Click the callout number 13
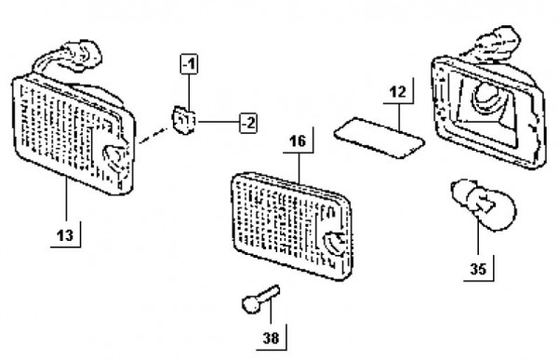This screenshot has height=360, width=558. pos(65,235)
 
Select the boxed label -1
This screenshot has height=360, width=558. pos(189,64)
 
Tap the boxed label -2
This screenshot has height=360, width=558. pos(248,123)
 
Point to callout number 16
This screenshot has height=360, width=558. pos(298,141)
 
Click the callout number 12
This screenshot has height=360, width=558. pos(398,92)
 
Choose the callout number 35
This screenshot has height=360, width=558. pos(478,269)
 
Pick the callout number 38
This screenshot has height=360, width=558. pos(272,338)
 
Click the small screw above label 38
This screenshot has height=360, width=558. pos(260,299)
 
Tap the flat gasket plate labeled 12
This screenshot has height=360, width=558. pos(379,138)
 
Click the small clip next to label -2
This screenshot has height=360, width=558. pos(183,119)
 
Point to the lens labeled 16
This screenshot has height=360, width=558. pos(291,226)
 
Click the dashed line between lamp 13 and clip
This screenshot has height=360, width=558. pos(153,136)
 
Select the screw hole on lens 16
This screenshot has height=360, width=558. pos(334,243)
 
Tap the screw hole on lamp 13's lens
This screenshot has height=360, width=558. pos(115,156)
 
